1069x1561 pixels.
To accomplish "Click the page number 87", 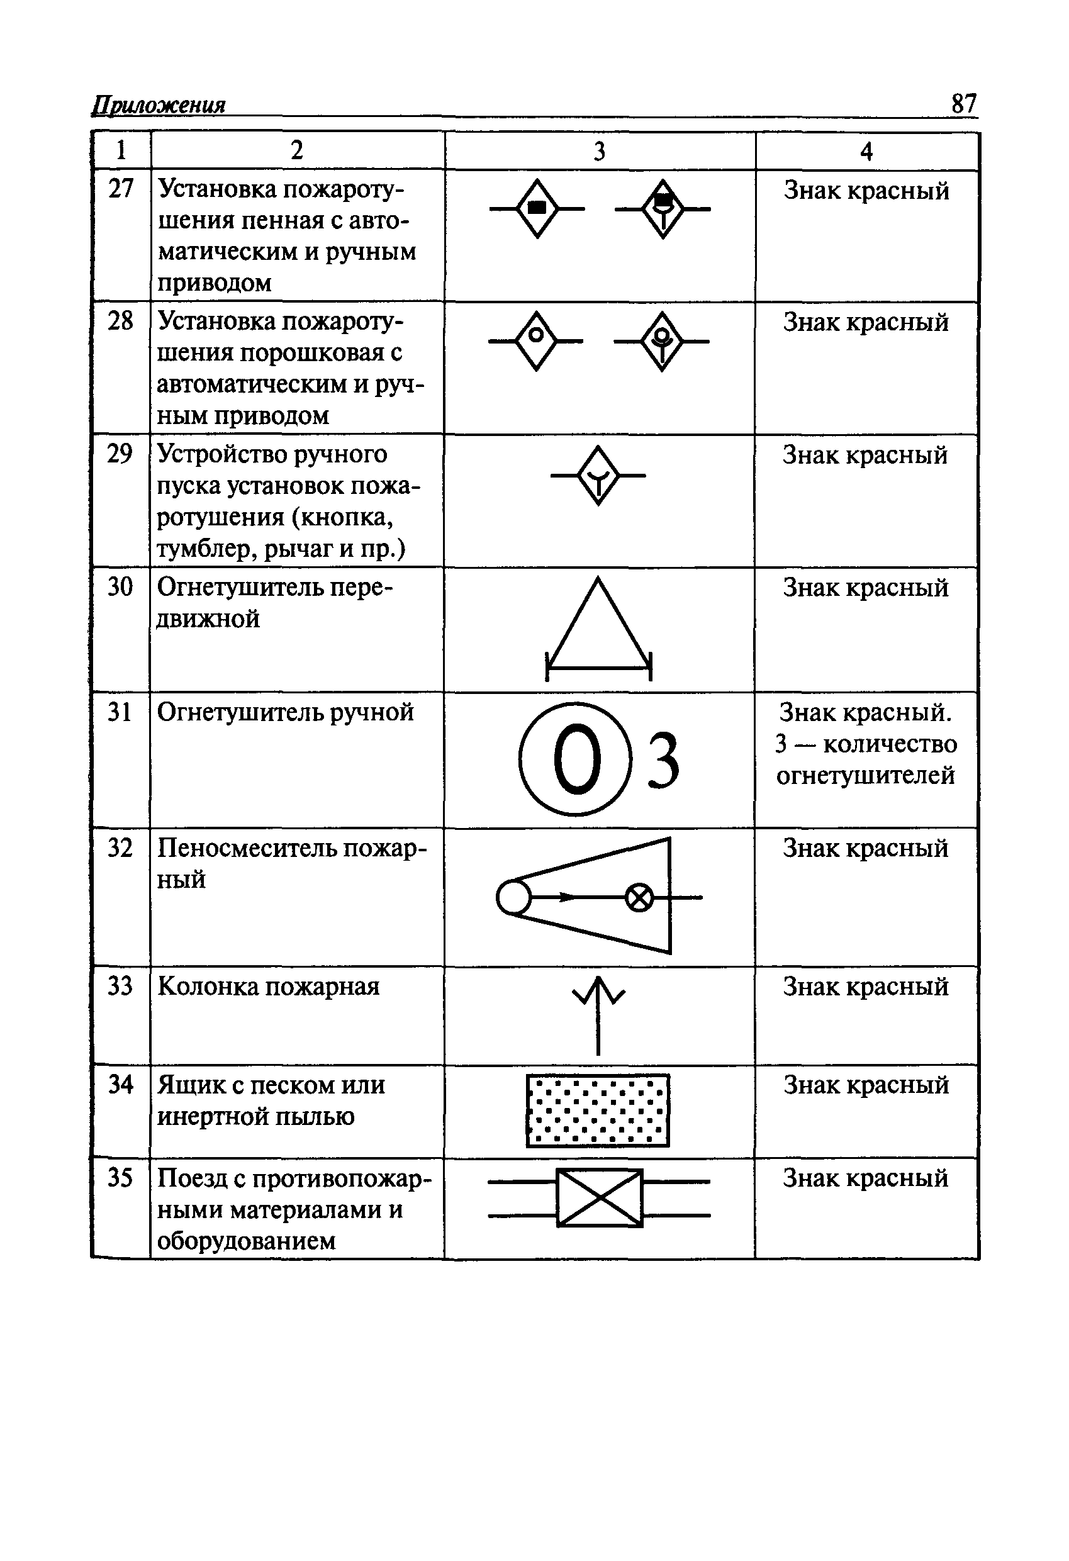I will (x=963, y=104).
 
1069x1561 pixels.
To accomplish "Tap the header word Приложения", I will (x=159, y=106).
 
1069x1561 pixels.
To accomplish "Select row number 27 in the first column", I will (x=121, y=189).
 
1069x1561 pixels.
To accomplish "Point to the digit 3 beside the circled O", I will (x=663, y=761).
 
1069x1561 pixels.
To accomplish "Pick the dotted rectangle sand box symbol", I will (x=598, y=1111).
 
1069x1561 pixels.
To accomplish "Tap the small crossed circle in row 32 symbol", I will (x=639, y=897).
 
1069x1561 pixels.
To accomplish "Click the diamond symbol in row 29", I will (x=598, y=476).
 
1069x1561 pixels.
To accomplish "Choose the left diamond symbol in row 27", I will (x=537, y=209).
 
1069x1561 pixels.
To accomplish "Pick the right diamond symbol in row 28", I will (x=662, y=341).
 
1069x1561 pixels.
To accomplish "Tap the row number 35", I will (x=120, y=1177).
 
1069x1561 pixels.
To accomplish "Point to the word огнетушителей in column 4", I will (x=865, y=776).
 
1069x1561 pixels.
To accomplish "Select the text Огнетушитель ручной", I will (x=285, y=712).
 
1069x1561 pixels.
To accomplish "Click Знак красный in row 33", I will (x=865, y=986).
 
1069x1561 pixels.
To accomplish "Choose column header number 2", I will (x=297, y=150).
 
